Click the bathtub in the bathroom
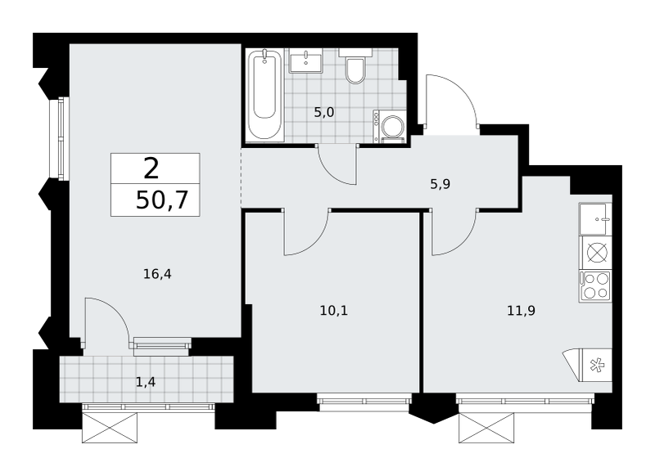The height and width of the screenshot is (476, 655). [264, 94]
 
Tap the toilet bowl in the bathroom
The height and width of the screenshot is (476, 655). [355, 66]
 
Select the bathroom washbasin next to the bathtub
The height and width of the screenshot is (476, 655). [306, 61]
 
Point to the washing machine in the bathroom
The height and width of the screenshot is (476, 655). [390, 127]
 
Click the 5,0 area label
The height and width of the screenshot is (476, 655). [324, 113]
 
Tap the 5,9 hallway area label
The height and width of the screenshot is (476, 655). [440, 184]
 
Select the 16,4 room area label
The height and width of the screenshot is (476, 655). [157, 274]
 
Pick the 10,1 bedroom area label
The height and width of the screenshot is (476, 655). [334, 311]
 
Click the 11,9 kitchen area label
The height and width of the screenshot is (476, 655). [522, 311]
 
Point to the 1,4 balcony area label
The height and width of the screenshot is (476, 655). [146, 382]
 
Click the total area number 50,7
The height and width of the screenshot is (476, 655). [162, 200]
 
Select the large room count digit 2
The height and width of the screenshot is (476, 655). [151, 168]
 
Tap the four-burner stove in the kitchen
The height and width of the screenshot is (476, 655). [595, 285]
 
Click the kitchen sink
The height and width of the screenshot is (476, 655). [595, 219]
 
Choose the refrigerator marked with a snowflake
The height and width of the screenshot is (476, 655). [597, 366]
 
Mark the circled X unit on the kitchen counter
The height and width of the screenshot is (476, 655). [597, 252]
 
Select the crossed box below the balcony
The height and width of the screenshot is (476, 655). [110, 428]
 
